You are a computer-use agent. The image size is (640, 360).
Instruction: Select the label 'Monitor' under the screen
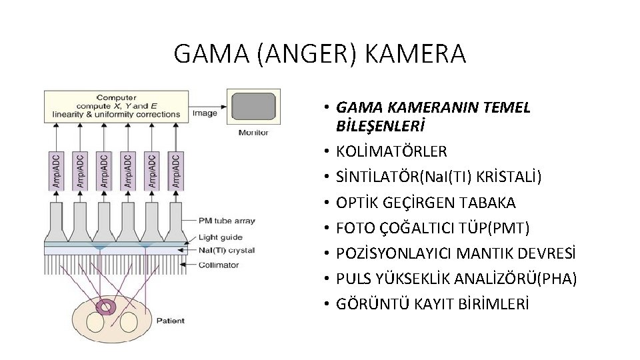point(253,133)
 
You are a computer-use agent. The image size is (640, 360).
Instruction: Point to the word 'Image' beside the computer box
point(205,113)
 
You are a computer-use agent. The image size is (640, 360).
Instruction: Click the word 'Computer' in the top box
point(117,97)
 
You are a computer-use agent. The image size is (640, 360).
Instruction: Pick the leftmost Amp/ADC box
point(55,170)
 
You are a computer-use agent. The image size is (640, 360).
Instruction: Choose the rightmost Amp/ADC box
point(175,170)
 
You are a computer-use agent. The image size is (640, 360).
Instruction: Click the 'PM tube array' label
point(227,221)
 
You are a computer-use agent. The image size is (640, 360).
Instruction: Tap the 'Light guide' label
point(221,237)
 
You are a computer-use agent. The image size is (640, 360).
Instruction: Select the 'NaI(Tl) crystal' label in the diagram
point(227,251)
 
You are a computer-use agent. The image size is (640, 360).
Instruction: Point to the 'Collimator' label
point(218,265)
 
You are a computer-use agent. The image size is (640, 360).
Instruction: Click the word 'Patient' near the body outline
point(171,321)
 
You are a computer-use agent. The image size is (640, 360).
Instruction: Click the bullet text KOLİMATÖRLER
point(392,151)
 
